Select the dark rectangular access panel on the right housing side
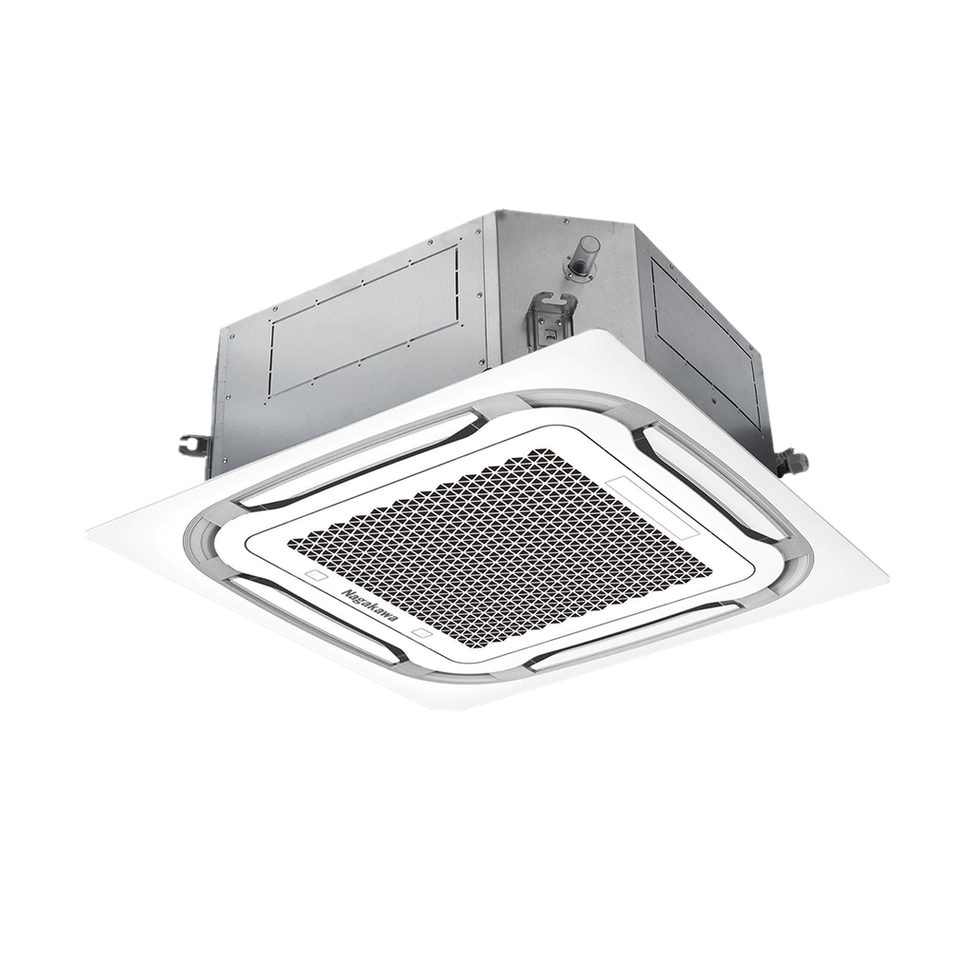point(706,339)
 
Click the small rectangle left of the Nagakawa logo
point(316,575)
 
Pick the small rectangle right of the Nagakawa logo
point(424,633)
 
